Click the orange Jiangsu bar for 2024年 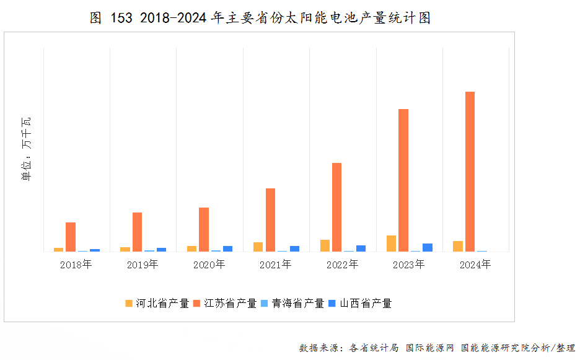[x=470, y=172]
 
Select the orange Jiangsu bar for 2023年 [x=403, y=180]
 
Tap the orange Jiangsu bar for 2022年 [x=336, y=207]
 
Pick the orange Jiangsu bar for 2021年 [x=270, y=220]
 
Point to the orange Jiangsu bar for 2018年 [x=71, y=237]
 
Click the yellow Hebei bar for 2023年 [x=391, y=244]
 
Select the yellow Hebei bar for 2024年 [x=458, y=246]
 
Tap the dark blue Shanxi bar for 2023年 [x=428, y=247]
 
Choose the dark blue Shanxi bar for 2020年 [x=227, y=248]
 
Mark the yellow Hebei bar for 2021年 [x=258, y=247]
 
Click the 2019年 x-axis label [x=142, y=265]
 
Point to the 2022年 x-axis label [x=342, y=265]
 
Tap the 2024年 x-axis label [x=475, y=265]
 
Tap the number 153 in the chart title [x=121, y=18]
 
